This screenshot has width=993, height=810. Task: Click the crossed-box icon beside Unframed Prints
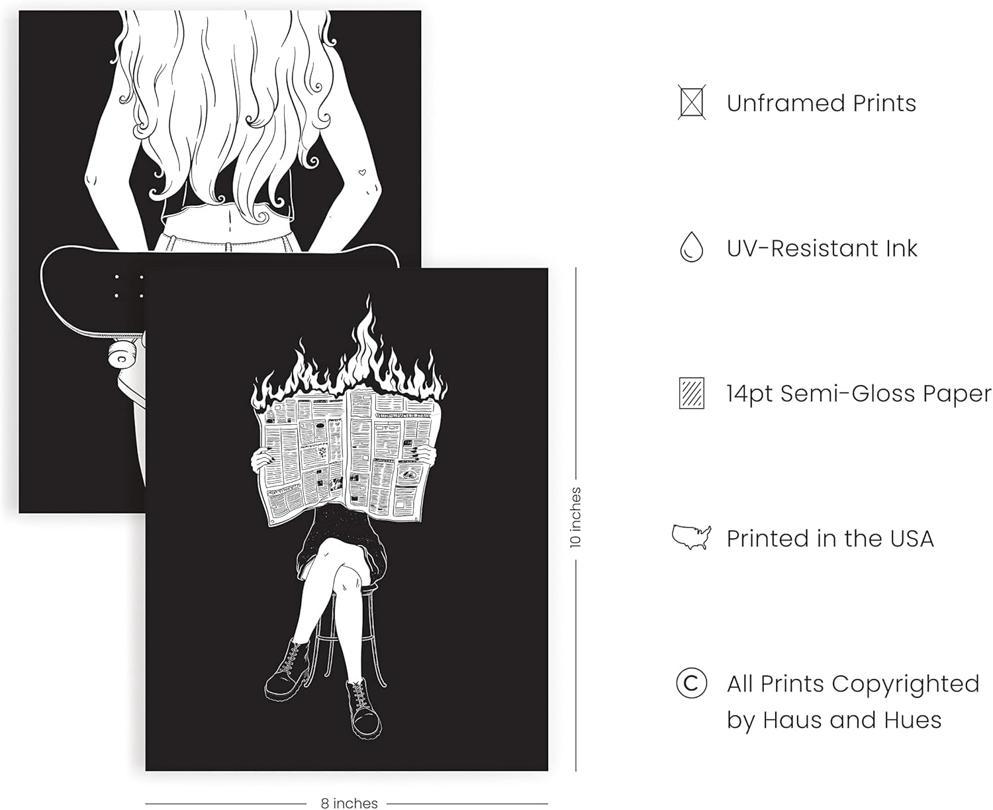pyautogui.click(x=691, y=102)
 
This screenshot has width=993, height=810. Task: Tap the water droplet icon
pyautogui.click(x=691, y=247)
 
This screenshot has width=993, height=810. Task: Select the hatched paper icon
pyautogui.click(x=691, y=392)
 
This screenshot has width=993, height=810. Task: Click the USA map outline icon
pyautogui.click(x=690, y=537)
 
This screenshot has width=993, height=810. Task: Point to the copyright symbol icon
pyautogui.click(x=691, y=682)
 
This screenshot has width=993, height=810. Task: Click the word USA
pyautogui.click(x=911, y=539)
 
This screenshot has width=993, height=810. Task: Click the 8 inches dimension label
pyautogui.click(x=349, y=803)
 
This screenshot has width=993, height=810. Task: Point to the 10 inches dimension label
pyautogui.click(x=575, y=517)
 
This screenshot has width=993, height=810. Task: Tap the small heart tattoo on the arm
pyautogui.click(x=362, y=173)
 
